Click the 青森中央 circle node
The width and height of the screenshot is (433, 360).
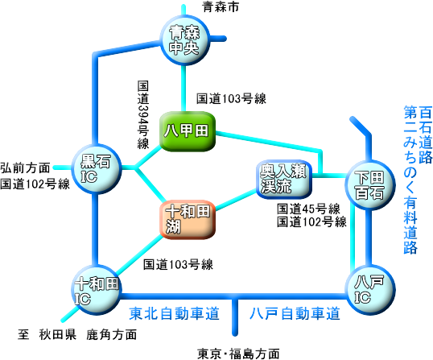tap(185, 40)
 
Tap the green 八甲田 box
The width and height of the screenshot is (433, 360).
tap(188, 131)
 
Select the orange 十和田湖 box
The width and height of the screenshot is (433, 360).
tap(188, 219)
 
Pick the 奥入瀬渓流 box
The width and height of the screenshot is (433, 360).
tap(284, 179)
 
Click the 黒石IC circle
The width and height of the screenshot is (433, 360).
tap(97, 168)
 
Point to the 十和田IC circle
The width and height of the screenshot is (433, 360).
tap(97, 290)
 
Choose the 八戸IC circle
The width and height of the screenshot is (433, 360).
tap(370, 290)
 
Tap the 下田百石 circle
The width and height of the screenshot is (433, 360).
tap(370, 185)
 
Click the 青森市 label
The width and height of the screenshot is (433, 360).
tap(221, 6)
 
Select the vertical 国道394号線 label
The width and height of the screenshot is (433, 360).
tap(143, 115)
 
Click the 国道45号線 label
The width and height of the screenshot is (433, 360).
tap(308, 209)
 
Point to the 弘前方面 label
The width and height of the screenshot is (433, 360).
tap(25, 168)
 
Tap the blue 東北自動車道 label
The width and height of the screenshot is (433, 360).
tap(175, 313)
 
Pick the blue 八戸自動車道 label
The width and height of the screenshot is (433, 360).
tap(295, 313)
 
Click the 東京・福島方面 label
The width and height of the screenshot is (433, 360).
tap(238, 354)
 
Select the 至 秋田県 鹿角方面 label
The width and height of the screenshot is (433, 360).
tap(77, 334)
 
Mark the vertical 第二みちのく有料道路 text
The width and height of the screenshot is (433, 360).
tap(410, 180)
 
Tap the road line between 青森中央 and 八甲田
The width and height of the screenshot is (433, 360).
tap(183, 89)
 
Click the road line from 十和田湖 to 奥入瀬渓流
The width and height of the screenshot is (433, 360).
tap(236, 200)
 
